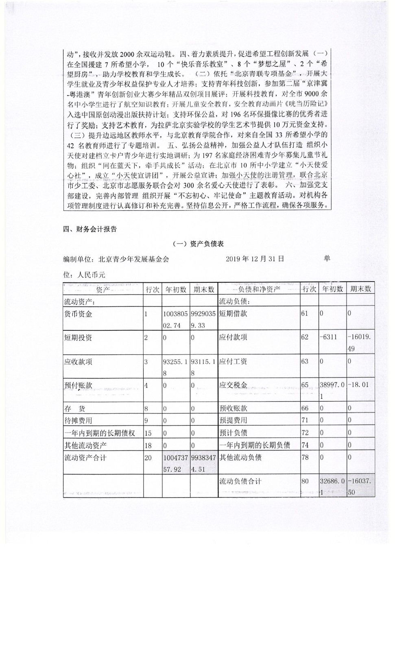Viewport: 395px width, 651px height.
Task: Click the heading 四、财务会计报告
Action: [x=90, y=229]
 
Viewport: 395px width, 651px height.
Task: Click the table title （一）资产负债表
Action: [x=199, y=244]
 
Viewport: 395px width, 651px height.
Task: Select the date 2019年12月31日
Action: [x=255, y=259]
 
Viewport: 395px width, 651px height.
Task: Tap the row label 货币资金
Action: [x=79, y=314]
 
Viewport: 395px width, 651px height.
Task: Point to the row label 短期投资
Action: [x=79, y=338]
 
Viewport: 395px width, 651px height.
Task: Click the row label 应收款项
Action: [x=79, y=362]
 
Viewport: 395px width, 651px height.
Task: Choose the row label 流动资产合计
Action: [x=85, y=458]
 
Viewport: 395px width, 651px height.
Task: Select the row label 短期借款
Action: [x=233, y=314]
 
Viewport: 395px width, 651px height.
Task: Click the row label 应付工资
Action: [x=233, y=361]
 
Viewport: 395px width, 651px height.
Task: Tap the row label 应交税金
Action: [x=233, y=385]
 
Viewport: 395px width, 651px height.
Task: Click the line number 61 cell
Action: [x=305, y=314]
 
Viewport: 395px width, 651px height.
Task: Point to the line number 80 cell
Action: [x=305, y=481]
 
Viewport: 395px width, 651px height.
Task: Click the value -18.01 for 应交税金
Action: [x=358, y=385]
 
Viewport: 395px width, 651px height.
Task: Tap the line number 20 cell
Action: [x=148, y=458]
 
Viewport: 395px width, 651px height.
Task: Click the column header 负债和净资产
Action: [x=259, y=289]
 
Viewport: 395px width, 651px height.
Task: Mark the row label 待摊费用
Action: [x=79, y=421]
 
